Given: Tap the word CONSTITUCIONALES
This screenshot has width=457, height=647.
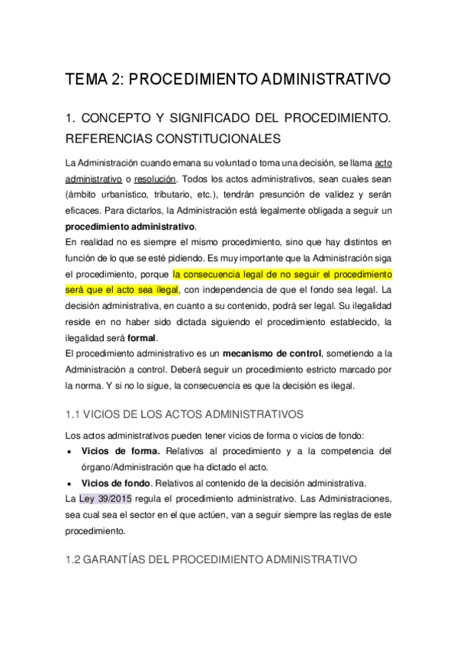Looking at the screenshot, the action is [198, 139].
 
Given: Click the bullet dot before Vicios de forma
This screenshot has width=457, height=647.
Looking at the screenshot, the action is [70, 452].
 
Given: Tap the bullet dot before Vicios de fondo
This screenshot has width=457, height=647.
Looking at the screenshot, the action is [70, 482].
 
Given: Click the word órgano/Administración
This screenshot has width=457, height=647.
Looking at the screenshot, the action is [134, 467].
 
